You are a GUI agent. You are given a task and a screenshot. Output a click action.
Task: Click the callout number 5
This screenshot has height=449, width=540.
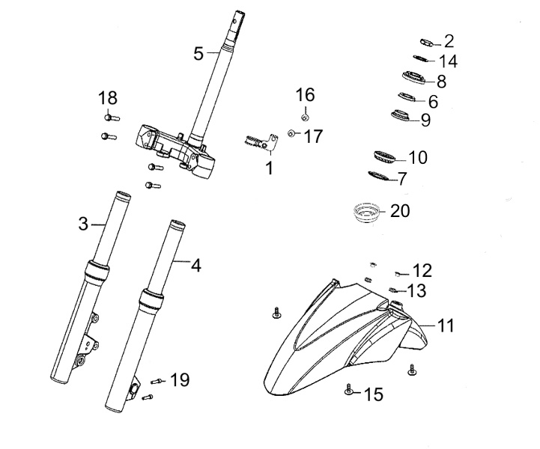click(198, 53)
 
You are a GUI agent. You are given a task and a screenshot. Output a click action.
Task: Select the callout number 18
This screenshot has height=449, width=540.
click(108, 97)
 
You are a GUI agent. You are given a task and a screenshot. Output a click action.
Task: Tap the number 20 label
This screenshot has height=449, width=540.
click(401, 211)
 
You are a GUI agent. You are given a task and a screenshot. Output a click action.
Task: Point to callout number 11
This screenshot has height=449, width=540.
click(446, 326)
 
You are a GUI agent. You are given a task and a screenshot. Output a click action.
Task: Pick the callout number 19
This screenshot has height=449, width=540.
click(180, 380)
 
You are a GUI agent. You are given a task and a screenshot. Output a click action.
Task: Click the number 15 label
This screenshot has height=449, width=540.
click(373, 393)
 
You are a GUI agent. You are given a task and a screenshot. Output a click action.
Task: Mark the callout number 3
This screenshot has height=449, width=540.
click(83, 223)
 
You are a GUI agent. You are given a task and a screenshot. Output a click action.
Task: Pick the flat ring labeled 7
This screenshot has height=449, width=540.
click(382, 177)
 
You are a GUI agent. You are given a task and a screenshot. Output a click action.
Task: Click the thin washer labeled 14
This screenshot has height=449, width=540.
click(421, 60)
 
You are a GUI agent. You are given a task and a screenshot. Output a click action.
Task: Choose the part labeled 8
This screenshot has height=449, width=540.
click(413, 79)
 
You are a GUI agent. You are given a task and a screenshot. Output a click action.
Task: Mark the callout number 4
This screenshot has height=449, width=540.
click(196, 265)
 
